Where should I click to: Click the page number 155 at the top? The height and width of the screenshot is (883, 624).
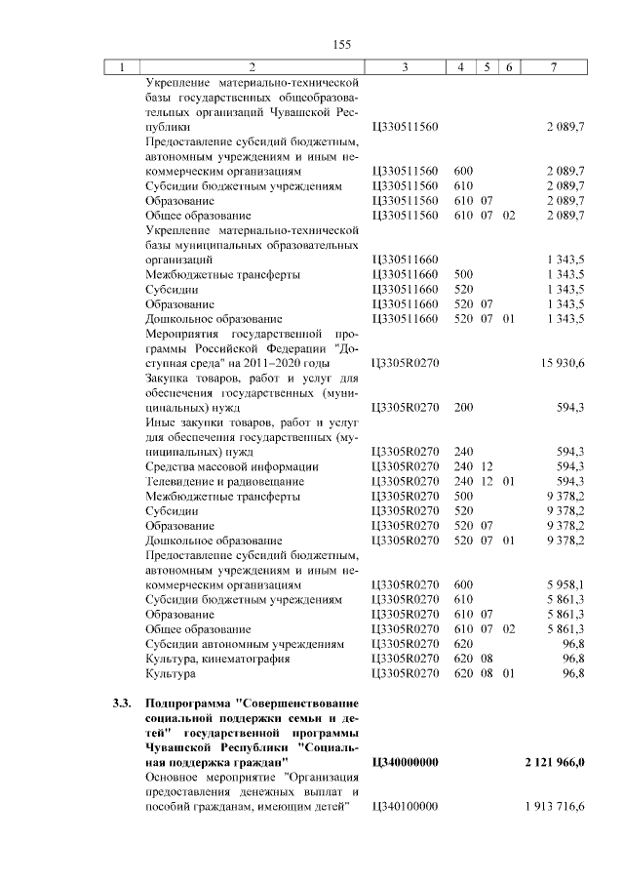click(341, 44)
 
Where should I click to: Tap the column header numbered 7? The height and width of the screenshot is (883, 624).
click(554, 67)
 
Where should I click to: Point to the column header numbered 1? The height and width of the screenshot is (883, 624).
click(122, 67)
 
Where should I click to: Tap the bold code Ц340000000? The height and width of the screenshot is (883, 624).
click(406, 761)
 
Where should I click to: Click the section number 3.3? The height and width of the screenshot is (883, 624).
click(121, 702)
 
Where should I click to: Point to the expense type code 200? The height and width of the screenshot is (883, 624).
click(463, 407)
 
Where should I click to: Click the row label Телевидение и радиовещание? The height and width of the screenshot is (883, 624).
click(224, 481)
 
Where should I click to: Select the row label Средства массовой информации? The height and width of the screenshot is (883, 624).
click(231, 466)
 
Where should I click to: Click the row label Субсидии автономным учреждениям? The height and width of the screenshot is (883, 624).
click(244, 644)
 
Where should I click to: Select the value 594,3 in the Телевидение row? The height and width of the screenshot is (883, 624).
click(569, 481)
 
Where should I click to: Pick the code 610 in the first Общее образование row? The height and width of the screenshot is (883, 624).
click(463, 215)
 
